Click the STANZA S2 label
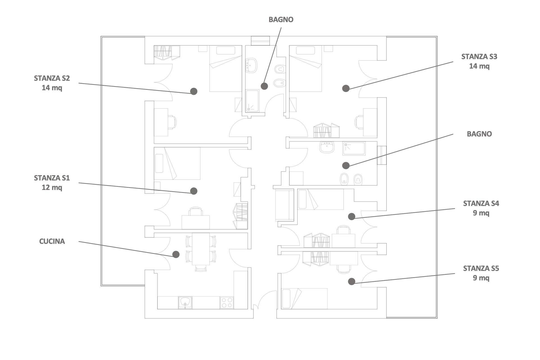point(52,78)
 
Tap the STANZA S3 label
point(479,57)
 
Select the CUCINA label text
point(52,241)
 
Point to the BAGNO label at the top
point(281,20)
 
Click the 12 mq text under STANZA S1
point(52,187)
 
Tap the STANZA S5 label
point(481,269)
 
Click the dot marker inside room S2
point(193,91)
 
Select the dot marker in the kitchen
point(176,255)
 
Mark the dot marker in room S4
point(352,216)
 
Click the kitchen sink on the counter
point(185,302)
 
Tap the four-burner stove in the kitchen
point(226,303)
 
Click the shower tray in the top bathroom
point(252,101)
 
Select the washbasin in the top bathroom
point(251,66)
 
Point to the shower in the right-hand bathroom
point(354,148)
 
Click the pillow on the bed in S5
point(286,299)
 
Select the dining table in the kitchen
point(201,249)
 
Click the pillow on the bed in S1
point(159,163)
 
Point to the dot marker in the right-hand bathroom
point(346,165)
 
